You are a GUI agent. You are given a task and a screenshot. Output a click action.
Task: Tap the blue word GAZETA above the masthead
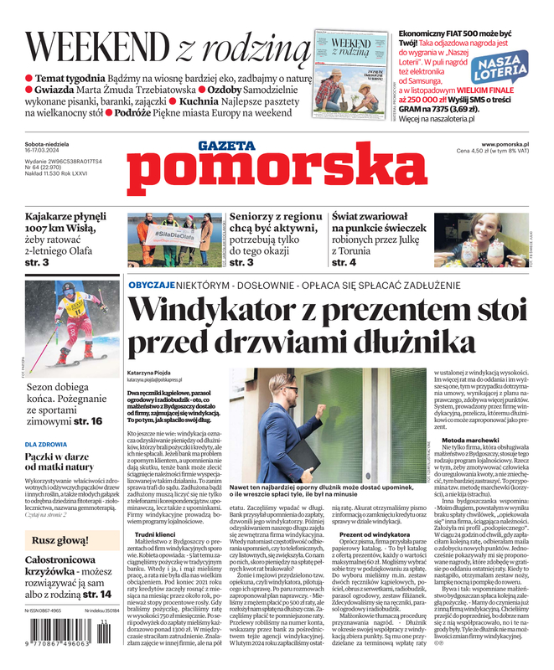226,146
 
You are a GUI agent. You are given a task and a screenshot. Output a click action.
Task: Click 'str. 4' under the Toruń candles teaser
344,262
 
